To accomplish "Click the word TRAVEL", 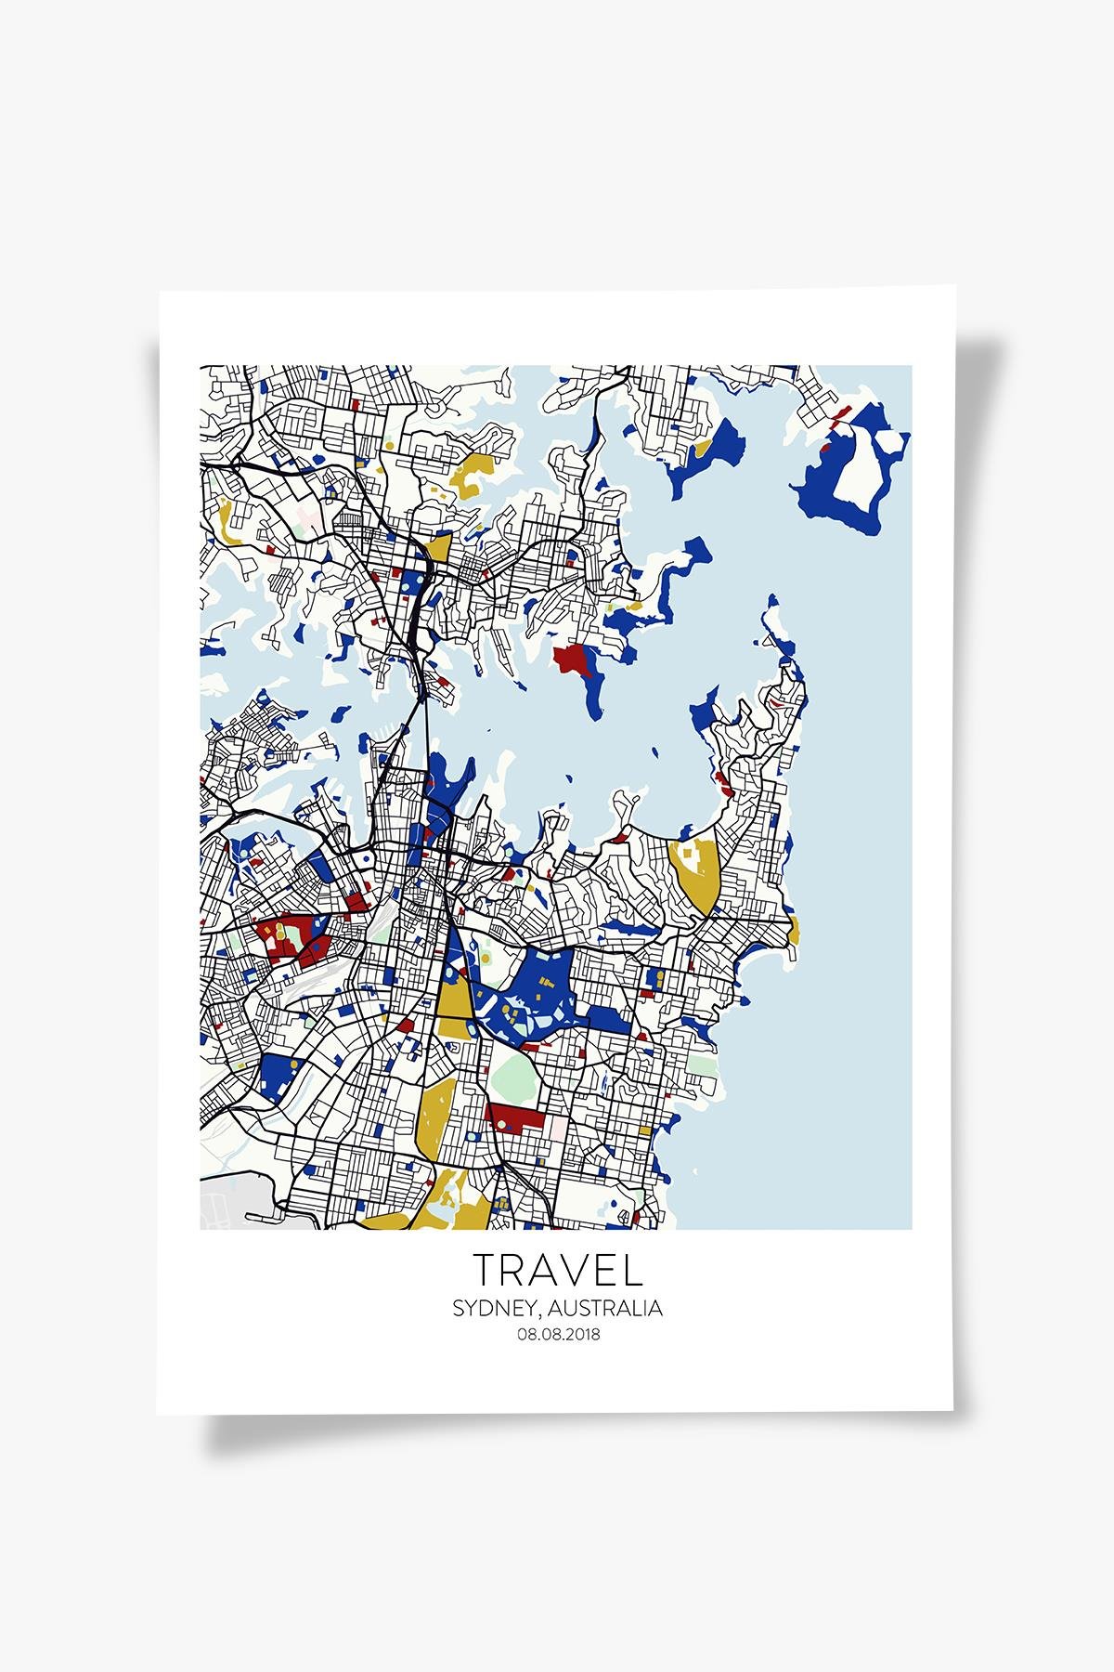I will [557, 1270].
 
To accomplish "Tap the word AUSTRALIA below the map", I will [605, 1309].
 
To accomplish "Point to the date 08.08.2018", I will [557, 1335].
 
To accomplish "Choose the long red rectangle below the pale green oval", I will [515, 1115].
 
